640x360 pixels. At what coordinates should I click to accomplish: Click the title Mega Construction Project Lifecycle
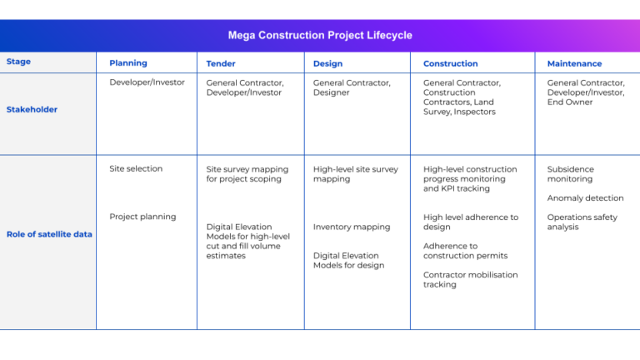tap(320, 36)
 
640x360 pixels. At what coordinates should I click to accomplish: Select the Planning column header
tap(127, 63)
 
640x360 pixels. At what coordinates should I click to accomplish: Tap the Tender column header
tap(221, 63)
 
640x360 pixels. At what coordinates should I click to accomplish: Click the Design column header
tap(327, 63)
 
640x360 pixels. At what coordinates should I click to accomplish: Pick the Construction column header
tap(450, 63)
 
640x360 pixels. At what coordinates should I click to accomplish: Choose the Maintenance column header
tap(574, 63)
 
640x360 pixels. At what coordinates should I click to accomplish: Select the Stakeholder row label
tap(32, 109)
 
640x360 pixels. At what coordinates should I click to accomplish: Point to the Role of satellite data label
tap(49, 234)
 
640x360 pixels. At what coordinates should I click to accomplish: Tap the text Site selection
tap(136, 168)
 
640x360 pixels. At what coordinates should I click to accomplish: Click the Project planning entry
tap(142, 217)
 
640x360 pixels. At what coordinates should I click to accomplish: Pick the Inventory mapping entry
tap(351, 227)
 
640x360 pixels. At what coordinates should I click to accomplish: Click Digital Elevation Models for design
tap(348, 261)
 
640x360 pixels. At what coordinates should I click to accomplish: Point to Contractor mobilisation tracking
tap(470, 280)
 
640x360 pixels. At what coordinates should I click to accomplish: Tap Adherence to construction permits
tap(465, 251)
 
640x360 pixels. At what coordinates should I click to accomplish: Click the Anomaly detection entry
tap(585, 198)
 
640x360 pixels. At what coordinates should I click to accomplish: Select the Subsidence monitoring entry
tap(570, 174)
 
